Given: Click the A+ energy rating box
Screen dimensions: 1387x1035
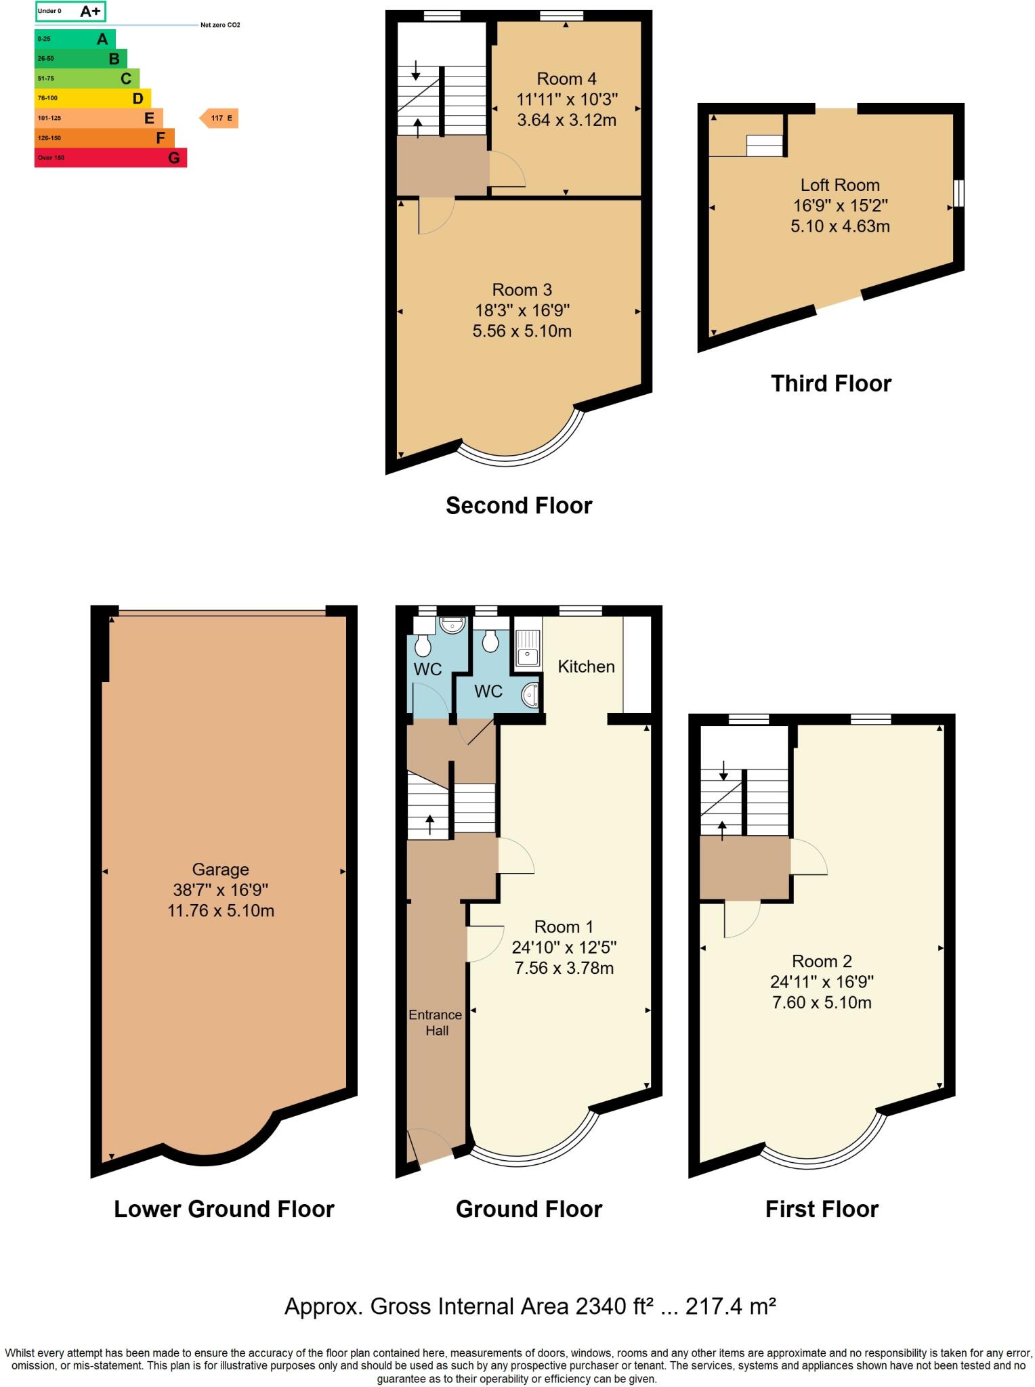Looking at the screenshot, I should [70, 12].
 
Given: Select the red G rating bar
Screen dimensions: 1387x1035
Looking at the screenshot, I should [110, 158].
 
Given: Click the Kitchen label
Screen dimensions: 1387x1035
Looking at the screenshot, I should [586, 666].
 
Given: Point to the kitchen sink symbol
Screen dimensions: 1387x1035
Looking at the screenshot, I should [528, 647].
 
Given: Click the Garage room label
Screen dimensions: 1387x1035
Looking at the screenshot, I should [220, 869].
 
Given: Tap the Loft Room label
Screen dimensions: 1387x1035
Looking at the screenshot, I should [840, 185].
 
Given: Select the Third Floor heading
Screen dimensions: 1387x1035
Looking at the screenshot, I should [830, 383].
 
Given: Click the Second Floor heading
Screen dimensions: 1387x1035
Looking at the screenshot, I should [519, 505].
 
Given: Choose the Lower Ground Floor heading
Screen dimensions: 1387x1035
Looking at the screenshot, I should [224, 1209].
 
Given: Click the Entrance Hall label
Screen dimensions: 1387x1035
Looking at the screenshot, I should [436, 1023].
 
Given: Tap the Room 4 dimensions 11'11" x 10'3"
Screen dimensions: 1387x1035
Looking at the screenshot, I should [567, 100].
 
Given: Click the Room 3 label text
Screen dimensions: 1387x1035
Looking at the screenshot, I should [522, 290].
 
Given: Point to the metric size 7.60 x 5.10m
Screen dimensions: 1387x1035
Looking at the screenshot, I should [822, 1002].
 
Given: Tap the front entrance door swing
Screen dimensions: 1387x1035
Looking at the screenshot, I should [431, 1144].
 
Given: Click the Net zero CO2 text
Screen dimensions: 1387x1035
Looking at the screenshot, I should [220, 25].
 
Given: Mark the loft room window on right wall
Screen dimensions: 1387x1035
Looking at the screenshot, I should [958, 193].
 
